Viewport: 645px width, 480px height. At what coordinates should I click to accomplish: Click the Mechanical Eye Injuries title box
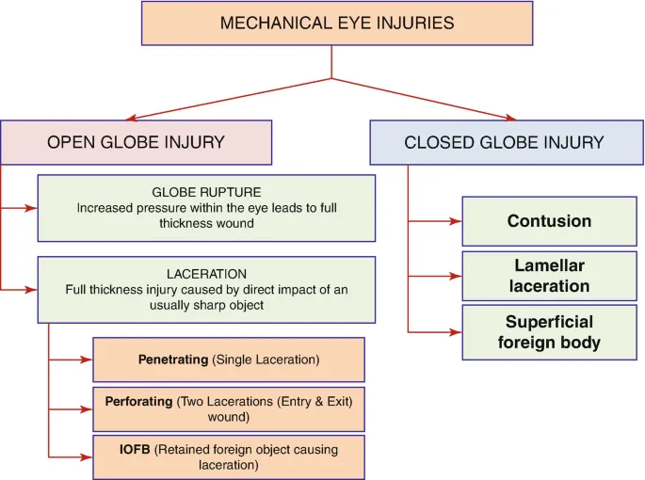pos(336,24)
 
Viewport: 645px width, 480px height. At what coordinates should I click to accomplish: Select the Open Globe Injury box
pos(137,143)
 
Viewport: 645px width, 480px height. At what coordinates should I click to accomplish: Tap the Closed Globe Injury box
pos(504,143)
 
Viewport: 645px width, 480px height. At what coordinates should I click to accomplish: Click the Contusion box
pos(549,222)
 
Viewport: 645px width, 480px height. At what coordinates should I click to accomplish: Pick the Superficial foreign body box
pos(549,332)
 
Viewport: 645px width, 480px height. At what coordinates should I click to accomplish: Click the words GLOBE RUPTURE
pos(206,191)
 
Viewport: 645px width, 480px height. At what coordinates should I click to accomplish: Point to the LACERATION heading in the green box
pos(206,273)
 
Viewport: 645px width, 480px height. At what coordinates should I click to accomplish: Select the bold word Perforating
pos(139,401)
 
